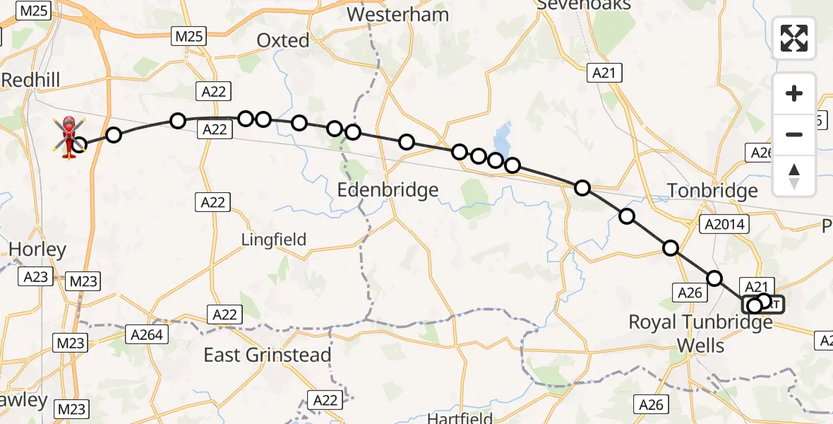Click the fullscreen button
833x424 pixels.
pos(794,38)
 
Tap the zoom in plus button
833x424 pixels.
pos(794,93)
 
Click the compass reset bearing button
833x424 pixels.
pos(794,175)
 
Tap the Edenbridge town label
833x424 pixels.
pos(388,190)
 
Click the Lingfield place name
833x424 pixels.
pos(274,240)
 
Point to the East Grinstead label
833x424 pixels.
pos(268,355)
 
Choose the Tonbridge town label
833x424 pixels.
pos(712,191)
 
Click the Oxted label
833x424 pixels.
pos(283,41)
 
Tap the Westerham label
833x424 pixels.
pos(397,14)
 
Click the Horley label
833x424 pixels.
pos(37,249)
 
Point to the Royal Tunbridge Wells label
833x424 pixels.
pos(700,334)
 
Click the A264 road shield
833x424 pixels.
pos(146,334)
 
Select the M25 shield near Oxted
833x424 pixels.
pos(189,35)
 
